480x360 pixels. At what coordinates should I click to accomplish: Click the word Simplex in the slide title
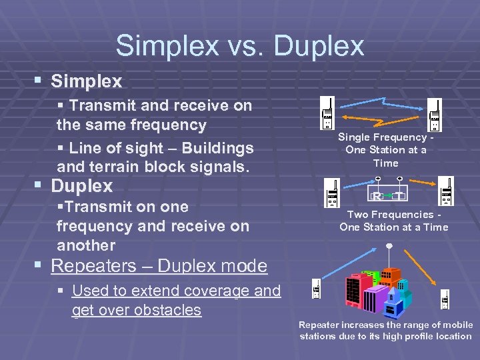167,46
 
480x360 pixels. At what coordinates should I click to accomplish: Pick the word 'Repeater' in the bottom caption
320,325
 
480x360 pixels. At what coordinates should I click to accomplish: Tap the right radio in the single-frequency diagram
434,115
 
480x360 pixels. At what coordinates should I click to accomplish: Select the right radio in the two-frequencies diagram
446,191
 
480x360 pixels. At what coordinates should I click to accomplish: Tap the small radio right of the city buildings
444,299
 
